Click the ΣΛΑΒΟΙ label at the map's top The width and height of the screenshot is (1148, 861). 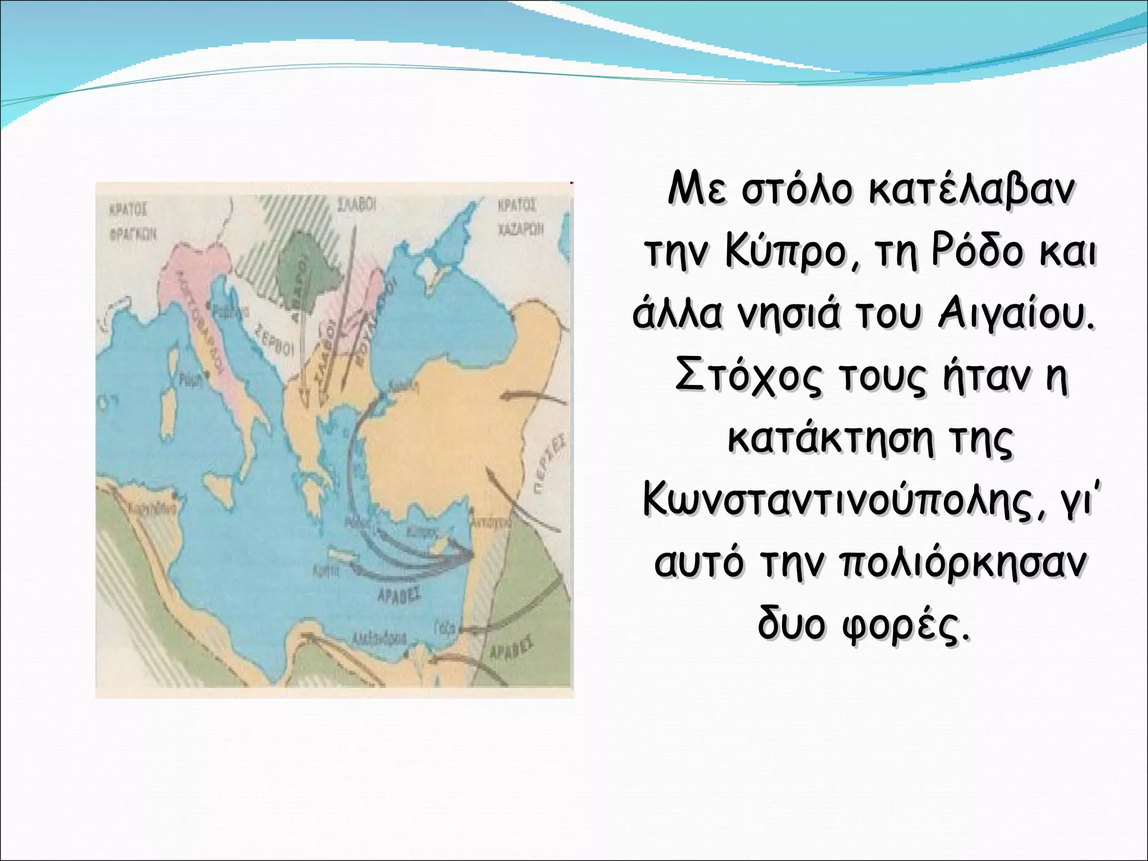tap(355, 206)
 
